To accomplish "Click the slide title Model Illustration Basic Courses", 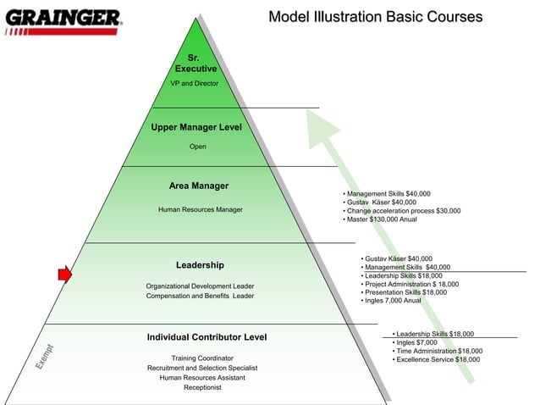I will pos(375,17).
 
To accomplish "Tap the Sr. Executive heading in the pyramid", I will pos(196,63).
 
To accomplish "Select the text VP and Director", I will pos(195,84).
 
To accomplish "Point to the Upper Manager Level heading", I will pos(196,128).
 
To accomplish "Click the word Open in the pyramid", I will pos(197,147).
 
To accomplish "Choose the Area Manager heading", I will pos(199,186).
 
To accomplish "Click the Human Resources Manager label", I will pos(200,209).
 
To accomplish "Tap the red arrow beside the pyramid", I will pos(64,274).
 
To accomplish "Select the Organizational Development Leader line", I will pos(200,286).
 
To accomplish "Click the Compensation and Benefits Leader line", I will pos(200,297).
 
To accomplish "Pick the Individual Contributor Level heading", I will pos(207,338).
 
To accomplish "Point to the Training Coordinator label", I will pos(202,358).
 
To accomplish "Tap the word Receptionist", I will pos(202,388).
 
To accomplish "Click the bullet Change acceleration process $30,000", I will pos(403,211).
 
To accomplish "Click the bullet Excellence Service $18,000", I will pos(437,360).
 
